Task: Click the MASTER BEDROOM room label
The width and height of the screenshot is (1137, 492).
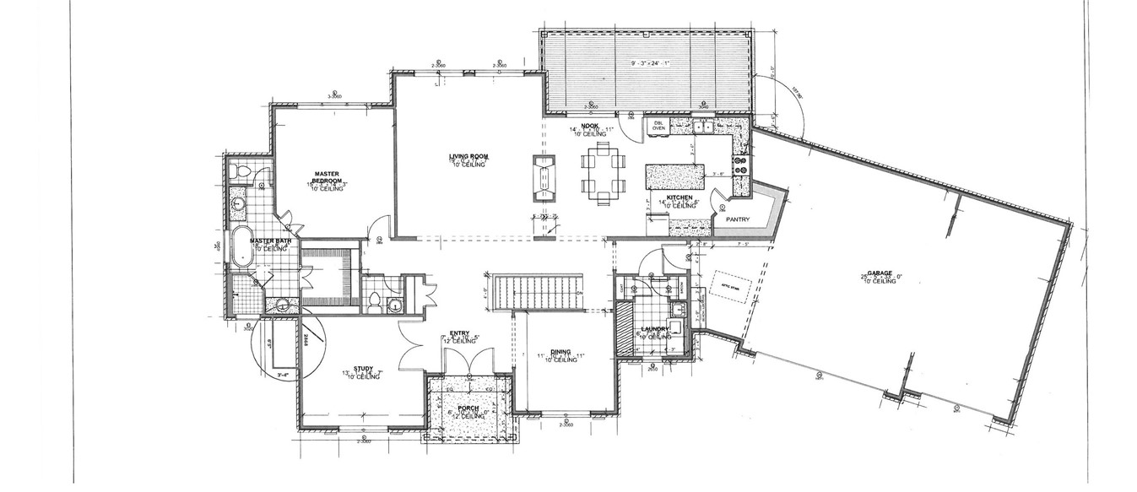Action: coord(326,176)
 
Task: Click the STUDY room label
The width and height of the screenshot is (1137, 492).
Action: coord(363,368)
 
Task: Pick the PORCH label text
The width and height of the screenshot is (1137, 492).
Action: coord(468,409)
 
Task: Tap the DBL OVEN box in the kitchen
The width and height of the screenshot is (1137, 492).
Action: coord(659,125)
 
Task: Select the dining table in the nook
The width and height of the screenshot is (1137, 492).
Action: coord(603,175)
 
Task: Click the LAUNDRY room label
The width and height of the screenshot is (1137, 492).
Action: coord(655,330)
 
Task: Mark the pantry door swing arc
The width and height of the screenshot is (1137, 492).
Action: coord(720,201)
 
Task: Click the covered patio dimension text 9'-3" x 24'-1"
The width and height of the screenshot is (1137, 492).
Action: coord(648,63)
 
